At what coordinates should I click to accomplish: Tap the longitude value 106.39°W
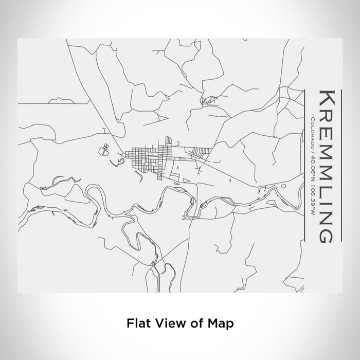[x=314, y=187]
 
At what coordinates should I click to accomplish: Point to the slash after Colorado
[x=314, y=145]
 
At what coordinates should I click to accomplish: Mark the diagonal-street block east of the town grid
[x=200, y=153]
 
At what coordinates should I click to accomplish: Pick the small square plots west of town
[x=105, y=149]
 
